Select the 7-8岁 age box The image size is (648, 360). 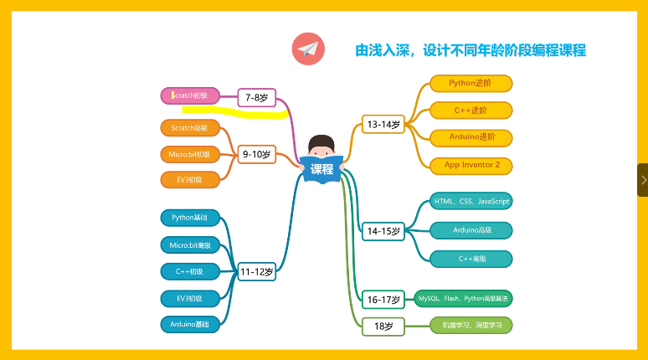256,98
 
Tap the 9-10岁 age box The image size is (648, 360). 256,154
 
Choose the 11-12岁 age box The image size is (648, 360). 256,271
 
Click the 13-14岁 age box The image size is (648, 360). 383,125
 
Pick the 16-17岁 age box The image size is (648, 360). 383,299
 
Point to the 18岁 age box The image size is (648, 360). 383,325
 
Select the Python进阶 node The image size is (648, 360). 471,83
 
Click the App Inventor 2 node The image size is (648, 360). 471,165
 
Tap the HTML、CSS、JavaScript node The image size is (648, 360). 471,201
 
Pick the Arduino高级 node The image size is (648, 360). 471,229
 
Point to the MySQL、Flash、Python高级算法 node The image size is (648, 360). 463,298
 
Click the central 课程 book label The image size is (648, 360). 321,168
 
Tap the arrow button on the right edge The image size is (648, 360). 642,179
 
